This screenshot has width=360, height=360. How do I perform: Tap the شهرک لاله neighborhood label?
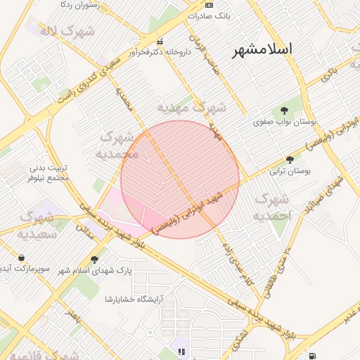(58, 31)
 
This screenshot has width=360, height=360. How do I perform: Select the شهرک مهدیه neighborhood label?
(191, 108)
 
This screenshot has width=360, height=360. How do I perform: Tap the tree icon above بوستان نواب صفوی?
(284, 110)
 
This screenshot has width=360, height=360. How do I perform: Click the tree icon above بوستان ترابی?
(290, 160)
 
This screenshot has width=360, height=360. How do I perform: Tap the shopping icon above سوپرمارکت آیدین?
(21, 257)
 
